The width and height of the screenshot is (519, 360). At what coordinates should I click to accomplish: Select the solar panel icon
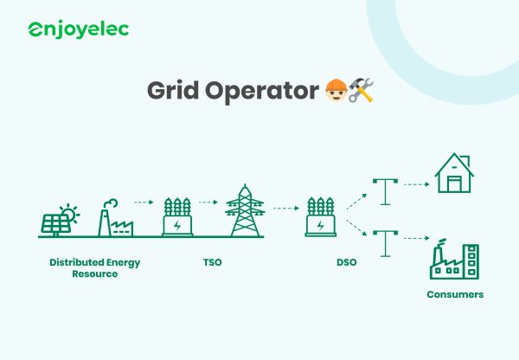pyautogui.click(x=58, y=222)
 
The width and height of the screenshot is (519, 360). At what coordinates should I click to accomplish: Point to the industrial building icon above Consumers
pyautogui.click(x=454, y=260)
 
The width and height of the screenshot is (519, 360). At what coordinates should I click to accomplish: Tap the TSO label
pyautogui.click(x=211, y=262)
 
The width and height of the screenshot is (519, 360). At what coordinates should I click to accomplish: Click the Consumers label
pyautogui.click(x=455, y=295)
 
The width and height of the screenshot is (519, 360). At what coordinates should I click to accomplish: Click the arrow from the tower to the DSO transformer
pyautogui.click(x=285, y=208)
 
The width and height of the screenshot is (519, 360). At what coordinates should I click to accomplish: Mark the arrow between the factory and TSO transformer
pyautogui.click(x=144, y=202)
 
